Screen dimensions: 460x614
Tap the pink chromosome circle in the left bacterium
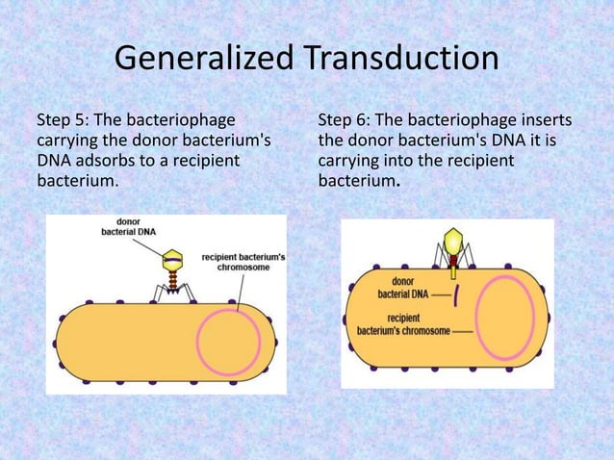228,345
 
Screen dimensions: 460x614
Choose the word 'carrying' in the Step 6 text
347,161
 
